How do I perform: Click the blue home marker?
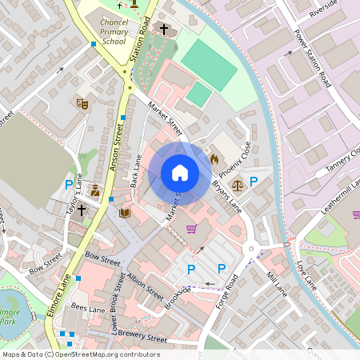(x=180, y=173)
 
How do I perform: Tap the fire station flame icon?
(x=214, y=158)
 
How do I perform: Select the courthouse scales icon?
(x=237, y=184)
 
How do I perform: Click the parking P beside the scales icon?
(x=254, y=182)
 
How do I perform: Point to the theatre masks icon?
(x=81, y=103)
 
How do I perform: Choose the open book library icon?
(x=124, y=213)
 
